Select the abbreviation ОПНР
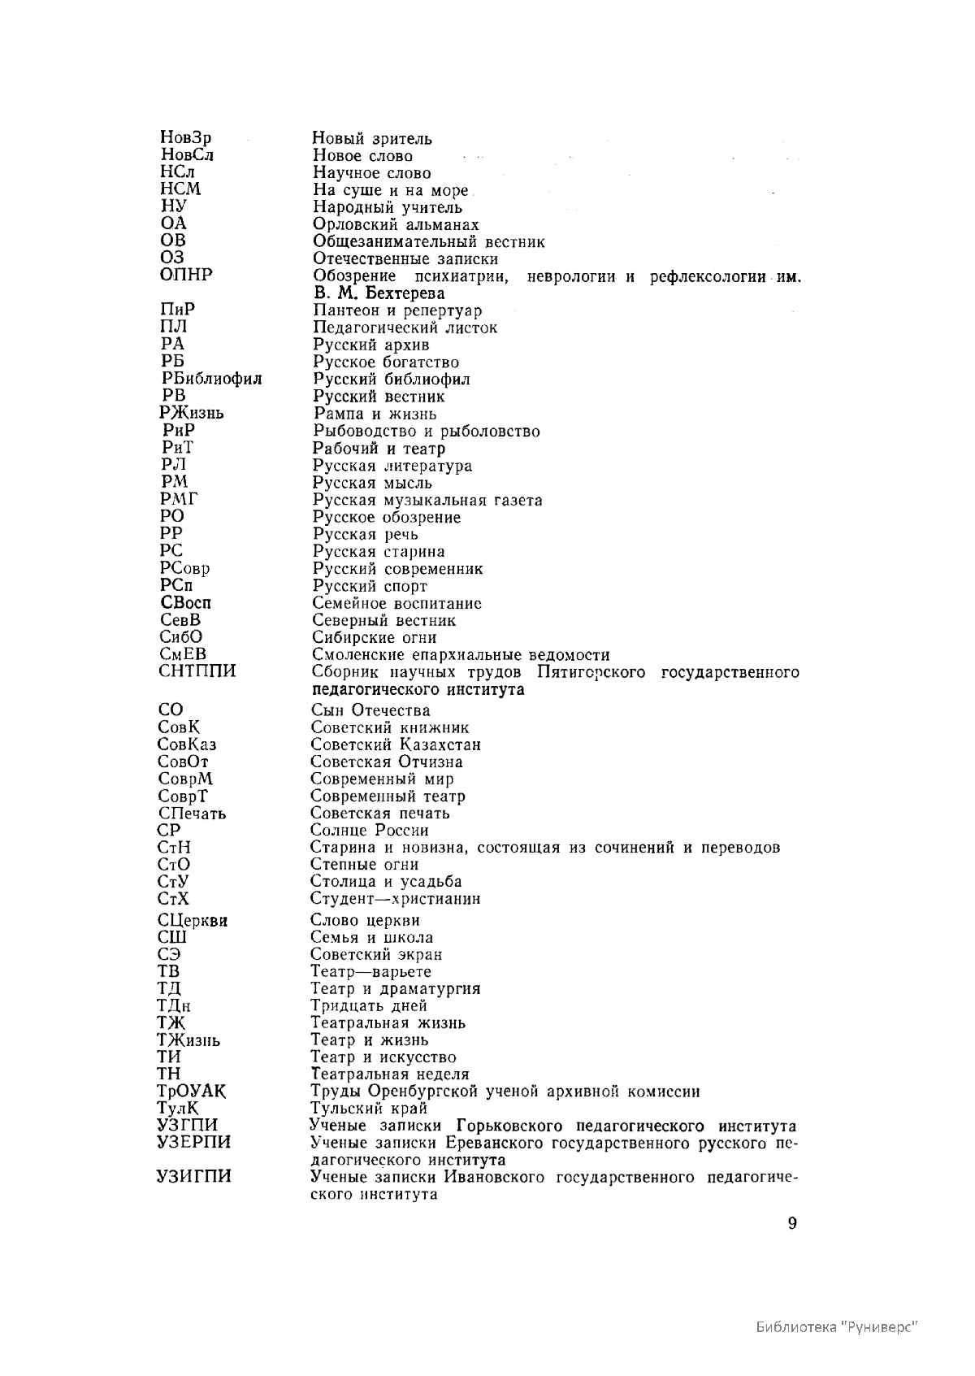(x=186, y=275)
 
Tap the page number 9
(x=792, y=1225)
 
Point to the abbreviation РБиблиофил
(x=211, y=379)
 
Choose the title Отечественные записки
(x=405, y=259)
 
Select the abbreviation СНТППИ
(x=197, y=671)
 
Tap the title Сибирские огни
(x=375, y=638)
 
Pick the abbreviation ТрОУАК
(x=192, y=1092)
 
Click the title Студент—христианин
(x=395, y=899)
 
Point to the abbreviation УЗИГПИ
(x=193, y=1177)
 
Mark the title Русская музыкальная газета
(x=427, y=501)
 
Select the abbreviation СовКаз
(x=187, y=744)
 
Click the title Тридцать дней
(x=369, y=1006)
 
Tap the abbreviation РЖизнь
(x=192, y=413)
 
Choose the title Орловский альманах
(x=396, y=225)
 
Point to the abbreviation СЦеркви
(x=192, y=921)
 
